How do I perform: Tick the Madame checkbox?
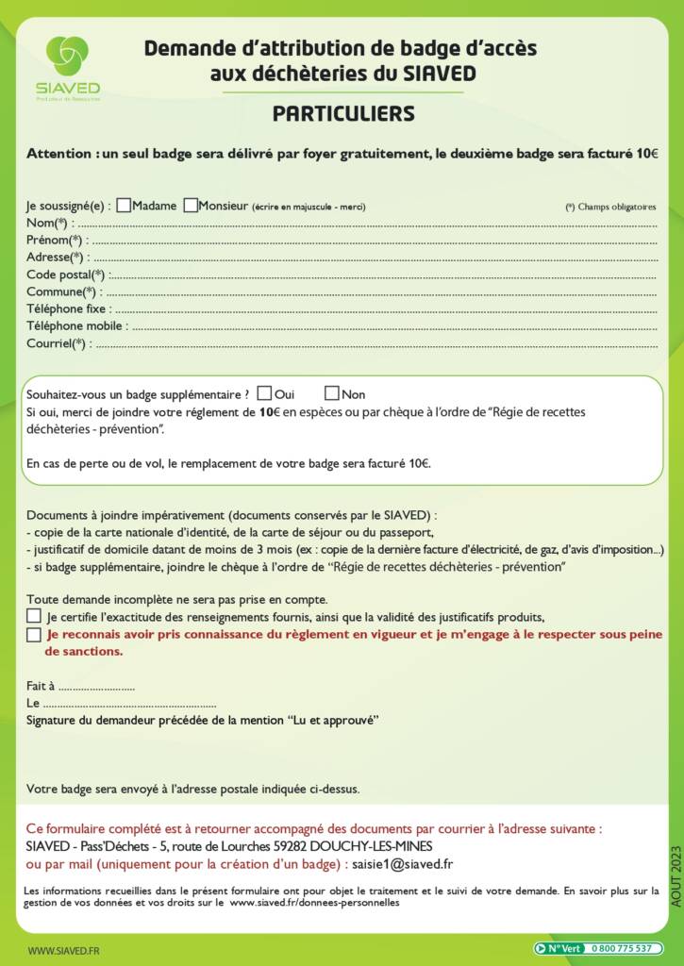tap(124, 205)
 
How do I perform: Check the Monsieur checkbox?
tap(192, 205)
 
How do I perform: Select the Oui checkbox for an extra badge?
tap(264, 393)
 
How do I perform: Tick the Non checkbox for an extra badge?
tap(332, 393)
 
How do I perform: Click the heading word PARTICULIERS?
tap(343, 114)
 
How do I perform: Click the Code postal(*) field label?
tap(65, 275)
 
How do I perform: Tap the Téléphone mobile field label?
tap(75, 326)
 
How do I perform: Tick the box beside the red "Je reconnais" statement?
tap(34, 635)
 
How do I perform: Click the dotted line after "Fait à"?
tap(96, 688)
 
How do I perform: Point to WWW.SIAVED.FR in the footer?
tap(64, 951)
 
